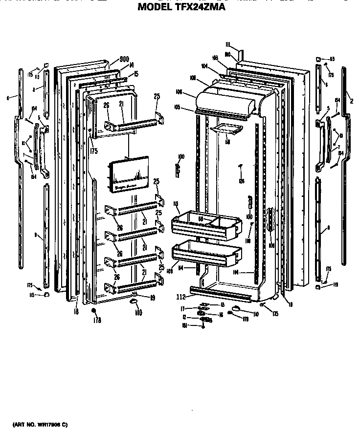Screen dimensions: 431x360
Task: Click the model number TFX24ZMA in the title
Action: click(199, 7)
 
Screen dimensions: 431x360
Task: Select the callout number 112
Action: click(181, 297)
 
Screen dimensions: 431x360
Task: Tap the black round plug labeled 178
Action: click(93, 310)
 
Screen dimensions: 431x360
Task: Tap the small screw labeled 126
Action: click(241, 168)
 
